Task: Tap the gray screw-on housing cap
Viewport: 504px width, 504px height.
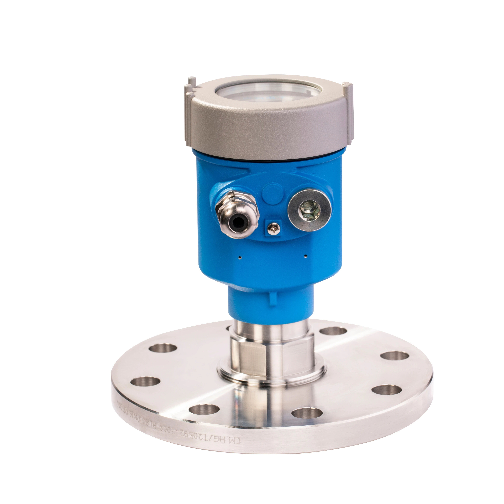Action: (x=269, y=130)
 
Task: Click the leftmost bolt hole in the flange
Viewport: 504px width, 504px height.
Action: (x=145, y=381)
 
